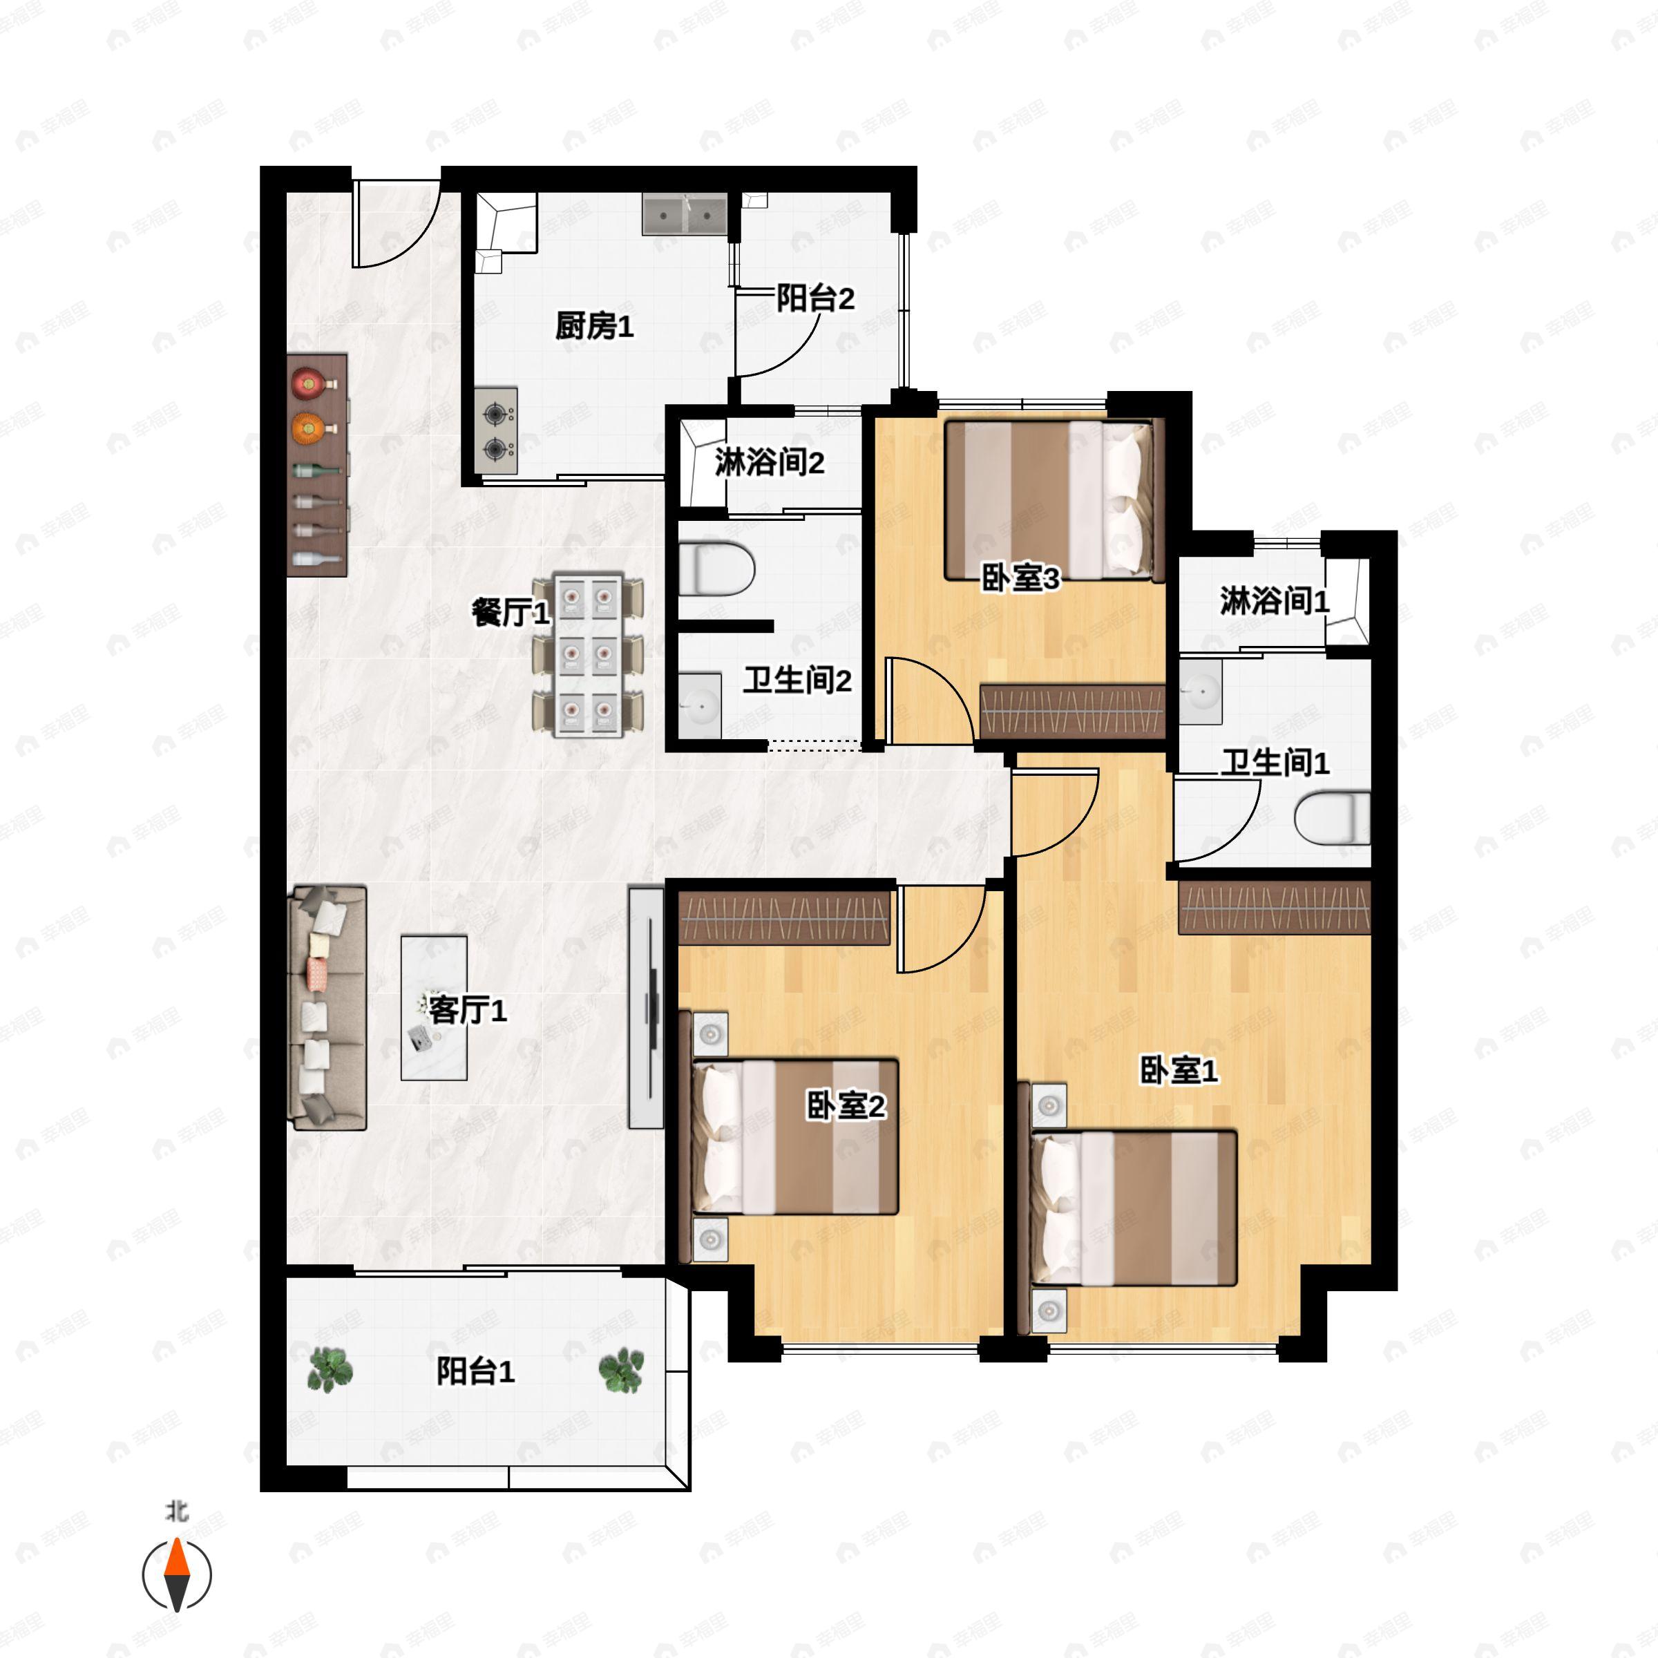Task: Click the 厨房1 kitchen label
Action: pyautogui.click(x=594, y=326)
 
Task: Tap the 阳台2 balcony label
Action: pyautogui.click(x=814, y=298)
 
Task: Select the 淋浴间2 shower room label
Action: pyautogui.click(x=769, y=463)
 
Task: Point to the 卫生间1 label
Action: pyautogui.click(x=1275, y=762)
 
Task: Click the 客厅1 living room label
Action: pyautogui.click(x=467, y=1009)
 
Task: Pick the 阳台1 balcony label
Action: pyautogui.click(x=475, y=1371)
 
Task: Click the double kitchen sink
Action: pyautogui.click(x=685, y=213)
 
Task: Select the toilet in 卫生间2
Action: pyautogui.click(x=716, y=568)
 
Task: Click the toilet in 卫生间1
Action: pyautogui.click(x=1332, y=818)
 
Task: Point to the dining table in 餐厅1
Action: pyautogui.click(x=588, y=655)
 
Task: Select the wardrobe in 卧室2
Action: pyautogui.click(x=784, y=917)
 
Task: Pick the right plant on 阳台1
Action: pyautogui.click(x=621, y=1370)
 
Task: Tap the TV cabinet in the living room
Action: pyautogui.click(x=646, y=1007)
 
